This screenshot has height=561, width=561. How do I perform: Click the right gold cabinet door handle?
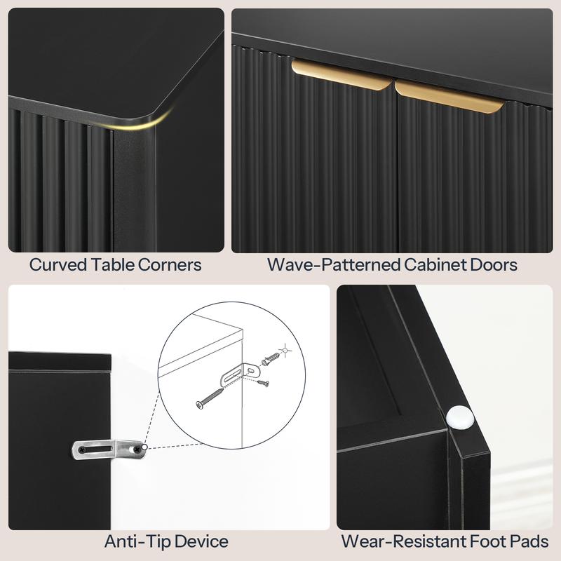[x=449, y=96]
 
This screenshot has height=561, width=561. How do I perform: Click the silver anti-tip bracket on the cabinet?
[x=109, y=449]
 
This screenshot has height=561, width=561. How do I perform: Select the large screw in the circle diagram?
[x=210, y=398]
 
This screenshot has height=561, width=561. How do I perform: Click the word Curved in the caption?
[x=58, y=265]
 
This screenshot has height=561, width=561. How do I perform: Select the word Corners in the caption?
[x=170, y=265]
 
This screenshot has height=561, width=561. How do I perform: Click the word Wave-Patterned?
[x=334, y=265]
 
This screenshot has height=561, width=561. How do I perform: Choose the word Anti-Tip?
[x=136, y=541]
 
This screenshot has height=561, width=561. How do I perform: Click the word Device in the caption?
[x=201, y=541]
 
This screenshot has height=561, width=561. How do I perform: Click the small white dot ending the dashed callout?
[x=144, y=447]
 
